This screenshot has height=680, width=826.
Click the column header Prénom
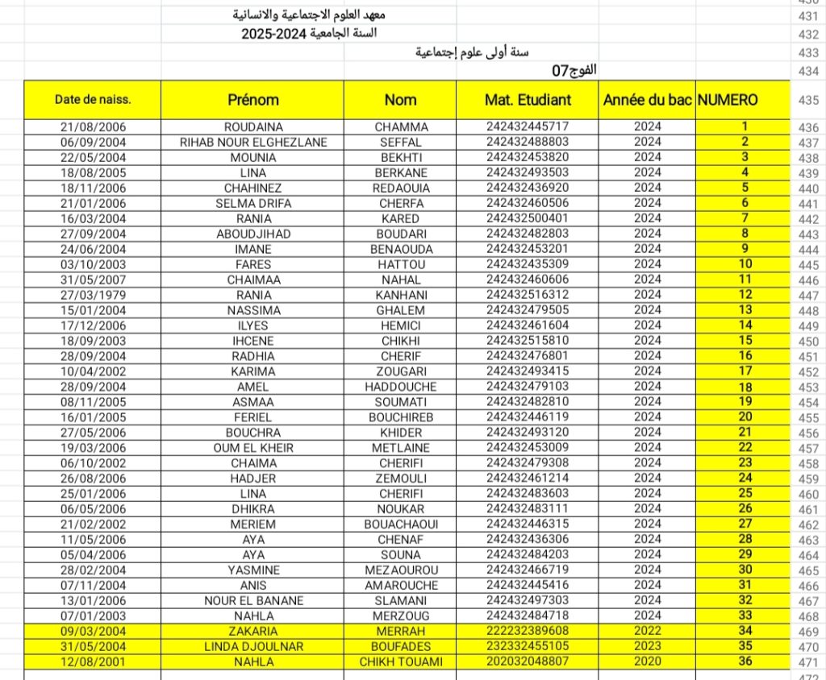coord(252,100)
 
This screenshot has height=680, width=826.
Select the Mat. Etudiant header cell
coord(528,100)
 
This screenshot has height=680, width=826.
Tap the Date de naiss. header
coord(93,100)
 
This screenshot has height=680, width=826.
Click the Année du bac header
coord(647,100)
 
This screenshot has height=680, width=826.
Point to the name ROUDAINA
coord(252,126)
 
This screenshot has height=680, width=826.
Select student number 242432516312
coord(528,295)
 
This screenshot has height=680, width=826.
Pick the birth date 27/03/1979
coord(93,295)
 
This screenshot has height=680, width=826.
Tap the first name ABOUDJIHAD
coord(252,234)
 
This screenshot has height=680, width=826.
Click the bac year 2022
coord(647,631)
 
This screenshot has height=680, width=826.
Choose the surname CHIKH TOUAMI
coord(401,661)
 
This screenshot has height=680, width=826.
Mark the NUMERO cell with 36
coord(745,661)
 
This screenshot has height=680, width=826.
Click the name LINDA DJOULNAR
coord(252,646)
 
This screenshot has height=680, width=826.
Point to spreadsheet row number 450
coord(807,342)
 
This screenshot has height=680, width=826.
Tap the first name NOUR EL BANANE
coord(252,600)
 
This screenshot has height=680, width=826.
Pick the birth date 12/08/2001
coord(93,661)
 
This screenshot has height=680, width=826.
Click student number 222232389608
coord(528,631)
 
